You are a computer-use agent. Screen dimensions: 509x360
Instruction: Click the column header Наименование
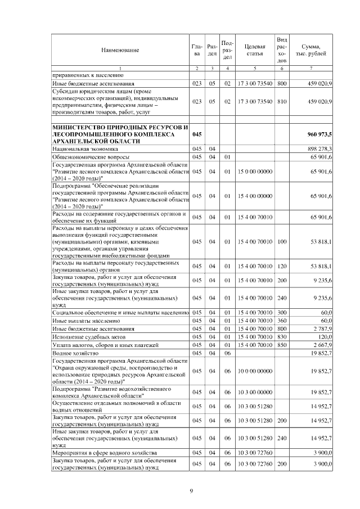pyautogui.click(x=120, y=50)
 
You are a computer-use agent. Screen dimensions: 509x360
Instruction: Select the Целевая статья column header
pyautogui.click(x=255, y=50)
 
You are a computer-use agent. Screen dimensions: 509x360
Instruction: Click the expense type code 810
pyautogui.click(x=282, y=101)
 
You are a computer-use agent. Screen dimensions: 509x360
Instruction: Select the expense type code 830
pyautogui.click(x=282, y=336)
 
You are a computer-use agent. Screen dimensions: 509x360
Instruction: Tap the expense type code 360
pyautogui.click(x=282, y=320)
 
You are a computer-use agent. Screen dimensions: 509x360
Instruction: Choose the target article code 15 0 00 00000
pyautogui.click(x=255, y=171)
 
